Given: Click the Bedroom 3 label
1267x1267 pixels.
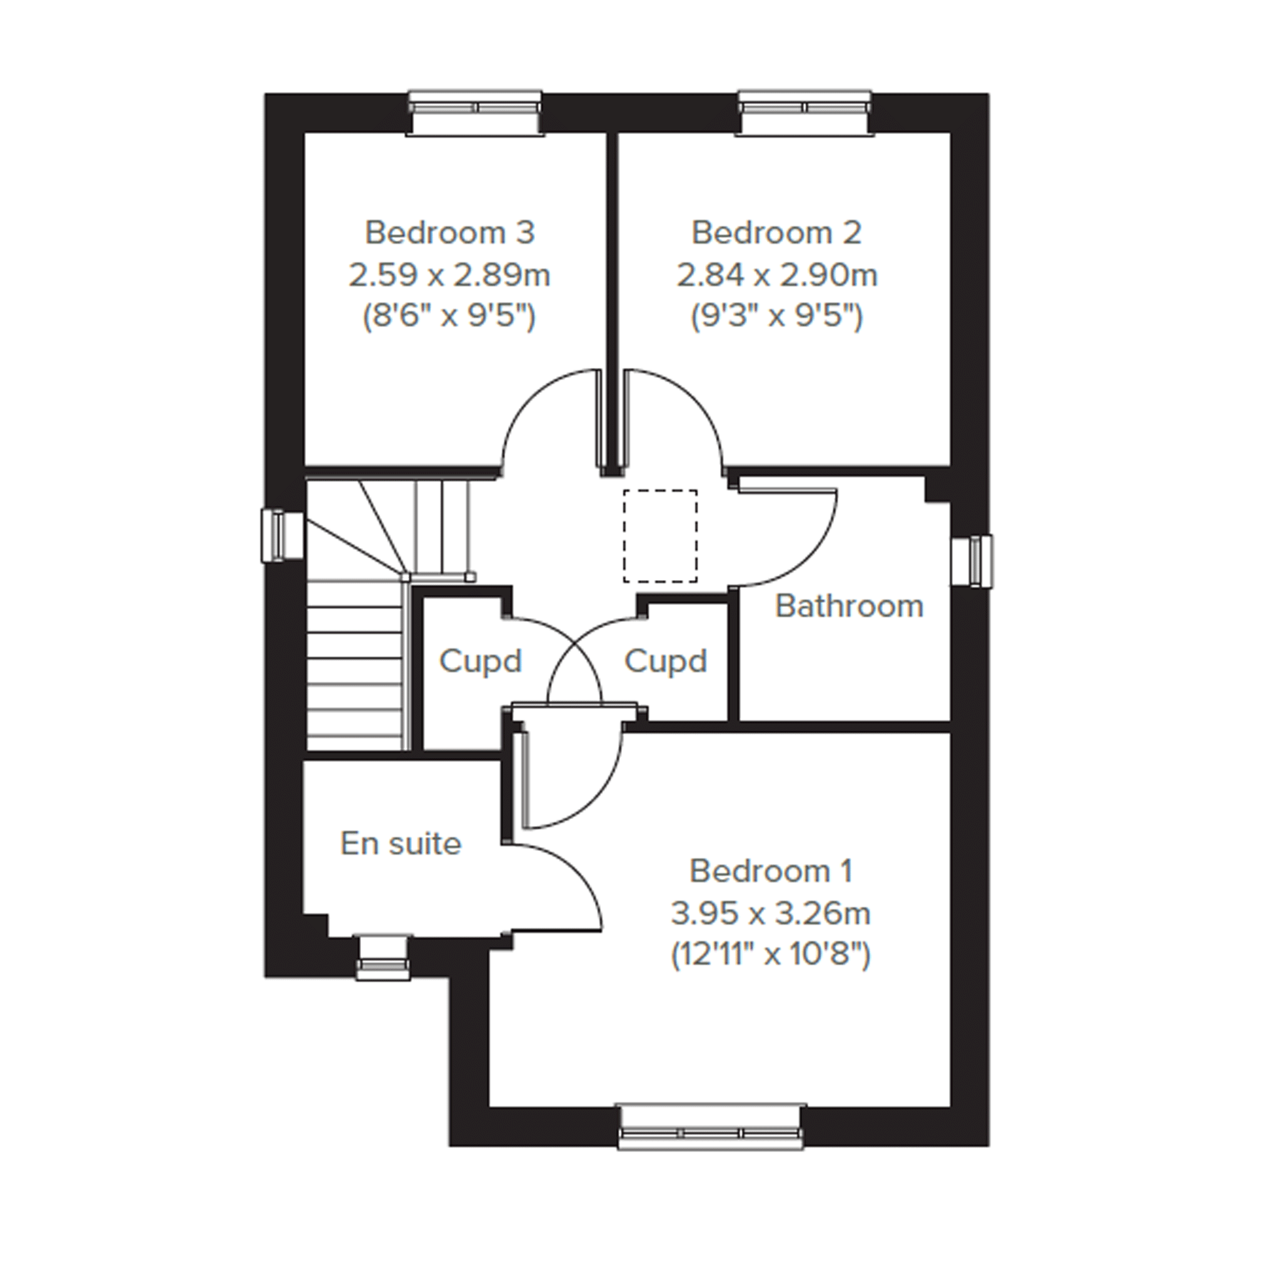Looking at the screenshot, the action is (x=450, y=233).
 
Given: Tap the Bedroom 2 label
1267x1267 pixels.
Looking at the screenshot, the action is (x=776, y=233).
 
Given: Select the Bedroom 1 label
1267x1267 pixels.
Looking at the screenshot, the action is (x=771, y=871).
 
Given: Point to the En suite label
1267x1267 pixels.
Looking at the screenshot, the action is (x=400, y=843).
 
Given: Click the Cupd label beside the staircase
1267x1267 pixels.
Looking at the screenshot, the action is (x=481, y=662).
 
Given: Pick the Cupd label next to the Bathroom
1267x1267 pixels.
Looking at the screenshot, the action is (x=666, y=662).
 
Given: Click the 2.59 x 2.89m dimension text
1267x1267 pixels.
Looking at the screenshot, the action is (x=449, y=275).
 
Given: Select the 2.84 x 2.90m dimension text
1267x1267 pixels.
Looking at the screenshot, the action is (x=777, y=275).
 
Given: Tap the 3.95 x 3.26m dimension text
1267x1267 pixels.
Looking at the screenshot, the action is (x=771, y=913).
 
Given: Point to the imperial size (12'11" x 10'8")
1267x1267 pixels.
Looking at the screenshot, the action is (x=771, y=955).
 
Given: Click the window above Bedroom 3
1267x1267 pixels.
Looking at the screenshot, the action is (x=476, y=113).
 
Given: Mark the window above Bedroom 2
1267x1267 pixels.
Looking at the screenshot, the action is (x=806, y=113).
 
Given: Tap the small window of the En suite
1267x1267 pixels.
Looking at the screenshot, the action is (x=383, y=957).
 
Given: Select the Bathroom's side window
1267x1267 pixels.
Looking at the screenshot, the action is (x=972, y=561).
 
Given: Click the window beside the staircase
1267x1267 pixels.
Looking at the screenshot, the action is (x=282, y=536).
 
